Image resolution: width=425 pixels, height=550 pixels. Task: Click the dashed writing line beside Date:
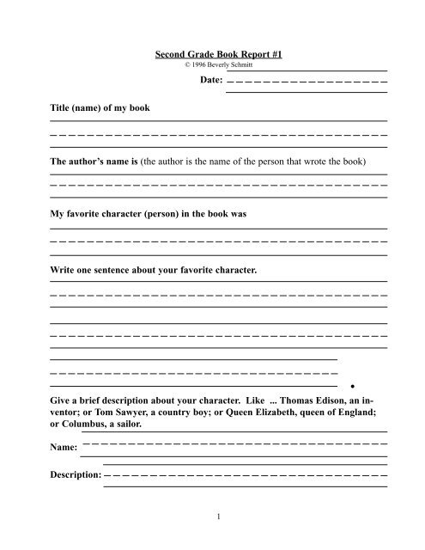pyautogui.click(x=307, y=82)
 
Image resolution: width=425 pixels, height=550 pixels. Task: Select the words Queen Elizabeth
pyautogui.click(x=276, y=412)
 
